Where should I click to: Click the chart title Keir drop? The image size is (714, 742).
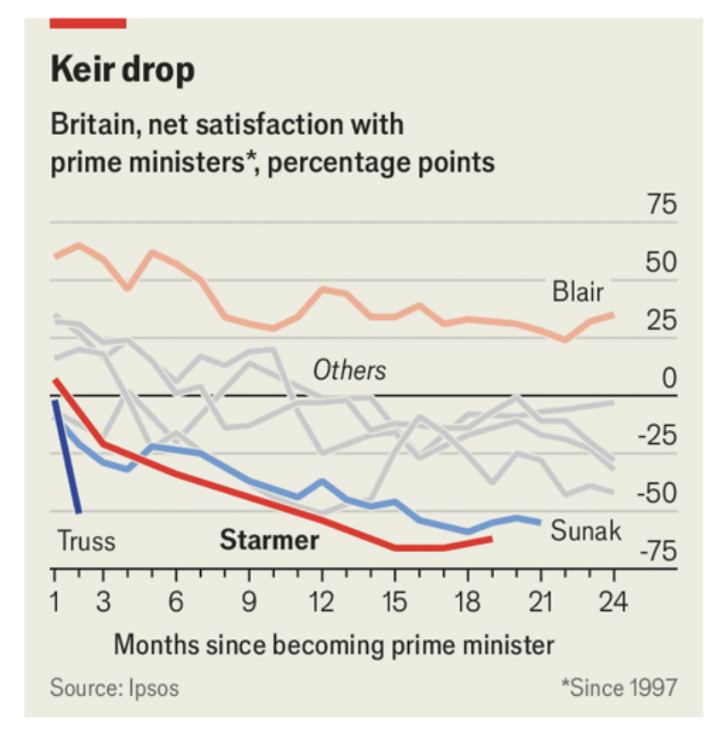pyautogui.click(x=123, y=70)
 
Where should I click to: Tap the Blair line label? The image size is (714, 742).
pyautogui.click(x=578, y=291)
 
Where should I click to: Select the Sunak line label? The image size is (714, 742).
pyautogui.click(x=586, y=530)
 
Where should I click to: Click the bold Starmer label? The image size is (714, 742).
pyautogui.click(x=269, y=540)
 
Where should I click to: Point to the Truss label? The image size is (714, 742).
pyautogui.click(x=86, y=541)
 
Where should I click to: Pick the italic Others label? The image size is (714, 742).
pyautogui.click(x=350, y=370)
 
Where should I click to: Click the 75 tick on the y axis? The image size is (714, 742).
pyautogui.click(x=662, y=205)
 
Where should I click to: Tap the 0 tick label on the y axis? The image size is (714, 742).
pyautogui.click(x=669, y=378)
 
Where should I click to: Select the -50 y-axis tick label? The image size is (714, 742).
pyautogui.click(x=657, y=494)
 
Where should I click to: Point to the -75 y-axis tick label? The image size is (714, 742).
pyautogui.click(x=657, y=552)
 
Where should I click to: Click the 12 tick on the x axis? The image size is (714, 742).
pyautogui.click(x=321, y=601)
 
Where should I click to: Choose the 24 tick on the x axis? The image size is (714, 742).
pyautogui.click(x=613, y=601)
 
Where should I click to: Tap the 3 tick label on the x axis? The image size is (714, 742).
pyautogui.click(x=103, y=601)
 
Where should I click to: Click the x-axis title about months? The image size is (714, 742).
pyautogui.click(x=334, y=645)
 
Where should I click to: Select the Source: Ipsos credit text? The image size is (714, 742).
pyautogui.click(x=114, y=688)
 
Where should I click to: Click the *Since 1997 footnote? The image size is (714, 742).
pyautogui.click(x=619, y=687)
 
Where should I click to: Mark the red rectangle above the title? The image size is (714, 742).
pyautogui.click(x=88, y=23)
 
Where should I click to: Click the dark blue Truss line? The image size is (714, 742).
pyautogui.click(x=67, y=456)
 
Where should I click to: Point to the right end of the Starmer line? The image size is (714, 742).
pyautogui.click(x=490, y=539)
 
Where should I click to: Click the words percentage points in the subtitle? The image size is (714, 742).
pyautogui.click(x=381, y=162)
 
